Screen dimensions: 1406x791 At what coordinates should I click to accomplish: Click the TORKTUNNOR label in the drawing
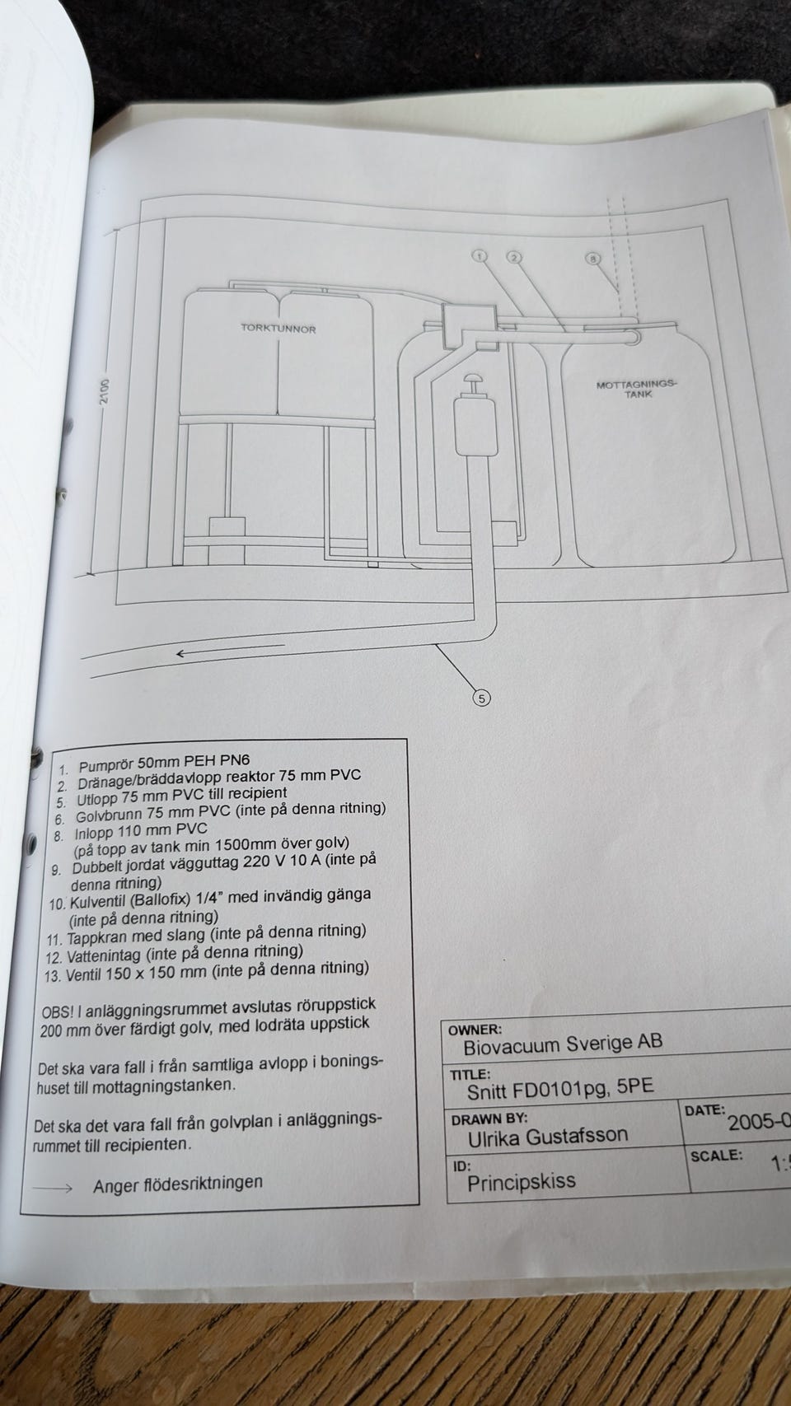(x=278, y=328)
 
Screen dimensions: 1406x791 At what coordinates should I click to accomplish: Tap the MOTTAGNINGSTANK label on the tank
(x=637, y=389)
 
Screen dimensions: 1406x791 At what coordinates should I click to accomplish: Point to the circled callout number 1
(x=480, y=256)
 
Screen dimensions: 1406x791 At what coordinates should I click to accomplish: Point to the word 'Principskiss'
(x=522, y=1183)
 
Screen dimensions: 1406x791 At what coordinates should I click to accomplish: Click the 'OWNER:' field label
(x=475, y=1030)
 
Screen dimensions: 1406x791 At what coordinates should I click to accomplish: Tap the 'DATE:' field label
(x=704, y=1109)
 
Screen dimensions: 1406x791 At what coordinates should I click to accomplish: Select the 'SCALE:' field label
(x=716, y=1155)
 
